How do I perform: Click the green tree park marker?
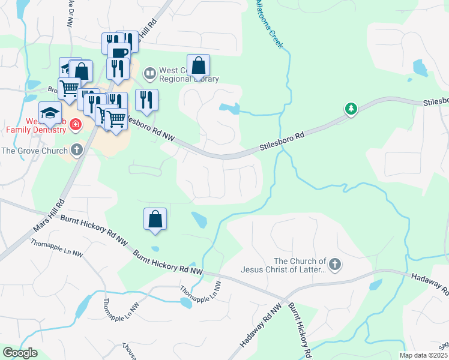pos(351,109)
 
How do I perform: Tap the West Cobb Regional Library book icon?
pos(149,74)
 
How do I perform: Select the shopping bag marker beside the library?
pos(198,66)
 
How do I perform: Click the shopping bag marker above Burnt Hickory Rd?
pos(155,219)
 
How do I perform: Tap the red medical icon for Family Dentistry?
pos(75,125)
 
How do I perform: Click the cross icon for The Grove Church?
pos(76,150)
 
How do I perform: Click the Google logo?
pos(20,353)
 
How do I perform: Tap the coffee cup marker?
pos(119,53)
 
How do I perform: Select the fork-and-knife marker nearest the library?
pos(146,100)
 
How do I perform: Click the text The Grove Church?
pos(34,151)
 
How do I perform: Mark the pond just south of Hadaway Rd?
pos(376,284)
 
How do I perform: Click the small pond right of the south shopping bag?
pos(199,220)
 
